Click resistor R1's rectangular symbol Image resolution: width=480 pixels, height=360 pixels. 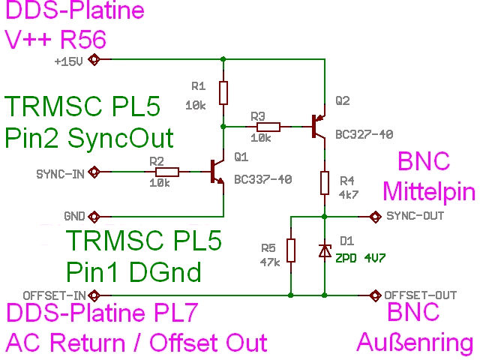point(223,93)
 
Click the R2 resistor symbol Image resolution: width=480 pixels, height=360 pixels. point(167,172)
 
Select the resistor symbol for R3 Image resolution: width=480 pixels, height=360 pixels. point(268,127)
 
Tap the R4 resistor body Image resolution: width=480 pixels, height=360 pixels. point(325,182)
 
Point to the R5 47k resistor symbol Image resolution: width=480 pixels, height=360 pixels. point(291,250)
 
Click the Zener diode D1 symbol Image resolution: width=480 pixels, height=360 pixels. point(325,251)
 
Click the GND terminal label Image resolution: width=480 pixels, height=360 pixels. point(73,217)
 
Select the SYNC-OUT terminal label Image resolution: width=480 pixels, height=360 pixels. point(415,217)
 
